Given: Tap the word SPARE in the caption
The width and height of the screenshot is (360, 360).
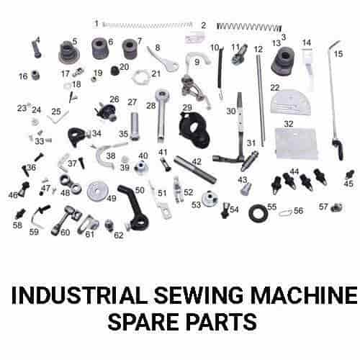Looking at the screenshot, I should coord(142,321).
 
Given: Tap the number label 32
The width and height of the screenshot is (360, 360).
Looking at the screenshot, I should coord(289,124).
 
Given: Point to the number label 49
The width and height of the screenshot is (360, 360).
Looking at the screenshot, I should coord(112,198).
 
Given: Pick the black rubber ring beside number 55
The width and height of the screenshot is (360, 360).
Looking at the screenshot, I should coord(256,213).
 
